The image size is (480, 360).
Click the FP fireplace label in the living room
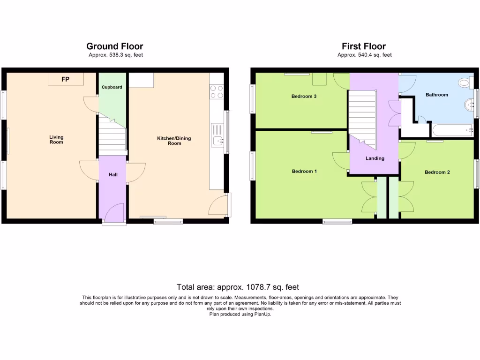(x=65, y=80)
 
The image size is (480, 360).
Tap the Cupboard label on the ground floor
(x=112, y=87)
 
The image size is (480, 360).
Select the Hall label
(x=113, y=175)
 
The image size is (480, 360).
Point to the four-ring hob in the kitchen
(x=217, y=91)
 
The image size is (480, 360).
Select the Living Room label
(x=56, y=140)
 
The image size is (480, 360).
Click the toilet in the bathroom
(x=465, y=83)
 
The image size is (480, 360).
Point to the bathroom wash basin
(x=469, y=104)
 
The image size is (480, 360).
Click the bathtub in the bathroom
(x=452, y=130)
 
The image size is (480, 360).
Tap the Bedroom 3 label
(x=304, y=97)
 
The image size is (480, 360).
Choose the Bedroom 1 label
(x=304, y=171)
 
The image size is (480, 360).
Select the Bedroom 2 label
(x=437, y=172)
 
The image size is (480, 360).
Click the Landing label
(x=375, y=158)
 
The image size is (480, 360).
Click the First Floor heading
(x=364, y=46)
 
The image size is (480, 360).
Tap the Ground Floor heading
(x=115, y=46)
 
